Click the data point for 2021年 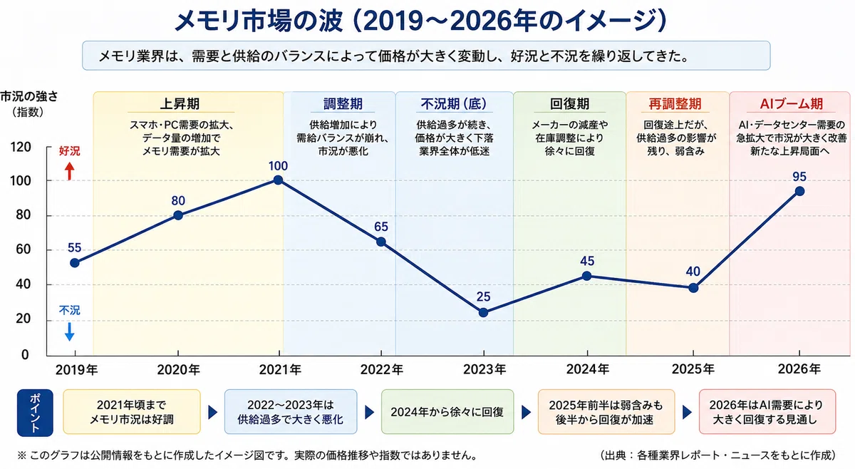pyautogui.click(x=279, y=180)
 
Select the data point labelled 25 pyautogui.click(x=483, y=313)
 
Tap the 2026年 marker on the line pyautogui.click(x=799, y=191)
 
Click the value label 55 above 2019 pyautogui.click(x=74, y=248)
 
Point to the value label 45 pyautogui.click(x=587, y=262)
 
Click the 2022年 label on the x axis pyautogui.click(x=382, y=369)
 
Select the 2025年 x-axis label pyautogui.click(x=693, y=369)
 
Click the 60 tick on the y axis pyautogui.click(x=24, y=249)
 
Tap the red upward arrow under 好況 pyautogui.click(x=69, y=171)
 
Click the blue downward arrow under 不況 pyautogui.click(x=70, y=331)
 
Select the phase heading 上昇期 pyautogui.click(x=180, y=104)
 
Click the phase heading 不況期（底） pyautogui.click(x=454, y=104)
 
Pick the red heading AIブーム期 pyautogui.click(x=792, y=104)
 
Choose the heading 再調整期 pyautogui.click(x=675, y=104)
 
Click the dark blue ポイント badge pyautogui.click(x=35, y=413)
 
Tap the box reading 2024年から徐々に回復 pyautogui.click(x=447, y=412)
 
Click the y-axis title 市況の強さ pyautogui.click(x=29, y=97)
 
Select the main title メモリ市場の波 pyautogui.click(x=259, y=21)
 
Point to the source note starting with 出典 pyautogui.click(x=717, y=455)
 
